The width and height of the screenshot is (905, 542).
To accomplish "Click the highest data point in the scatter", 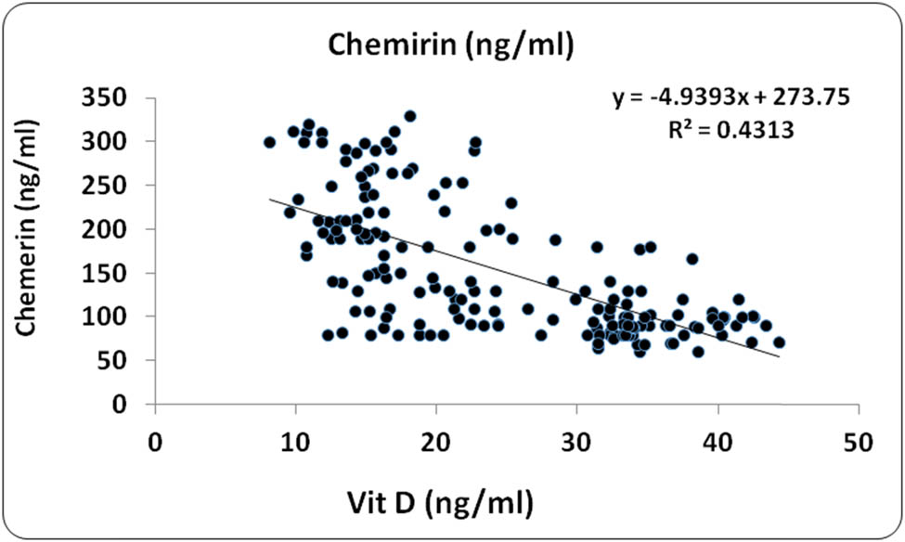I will point(409,116).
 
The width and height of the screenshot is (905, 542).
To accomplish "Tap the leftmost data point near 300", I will point(269,142).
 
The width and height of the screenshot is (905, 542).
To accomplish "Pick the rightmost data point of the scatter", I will point(779,342).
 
